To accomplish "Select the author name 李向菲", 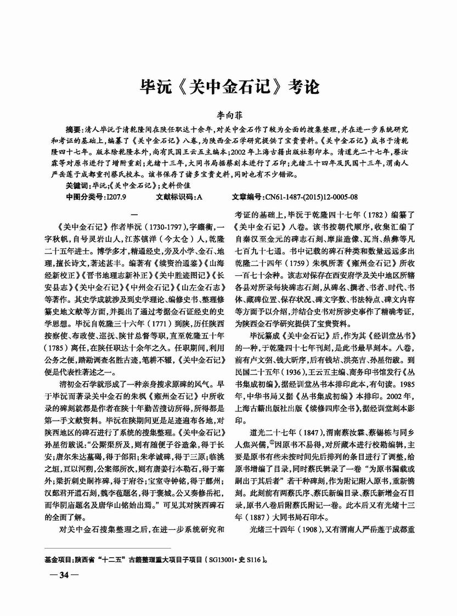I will tap(228, 116).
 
